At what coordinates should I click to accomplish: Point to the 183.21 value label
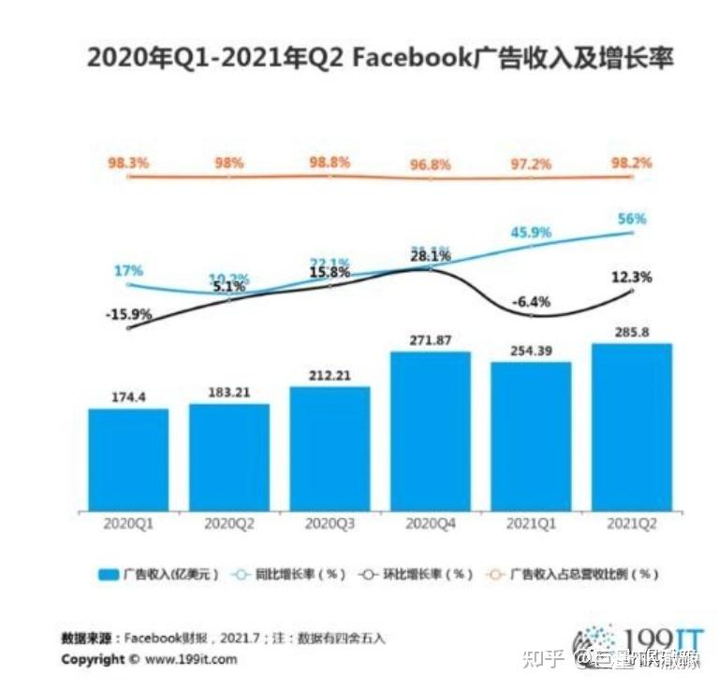[x=228, y=392]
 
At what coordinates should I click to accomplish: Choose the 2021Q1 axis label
[x=531, y=524]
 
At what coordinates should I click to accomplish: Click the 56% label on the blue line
[x=632, y=220]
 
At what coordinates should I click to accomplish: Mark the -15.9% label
[x=128, y=314]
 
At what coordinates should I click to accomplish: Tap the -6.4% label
[x=531, y=302]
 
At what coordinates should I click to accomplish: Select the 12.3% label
[x=633, y=277]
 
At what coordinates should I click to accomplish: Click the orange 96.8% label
[x=431, y=165]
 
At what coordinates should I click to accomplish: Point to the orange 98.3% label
[x=128, y=163]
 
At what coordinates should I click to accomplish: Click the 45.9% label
[x=531, y=232]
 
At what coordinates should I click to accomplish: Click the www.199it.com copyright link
[x=192, y=659]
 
